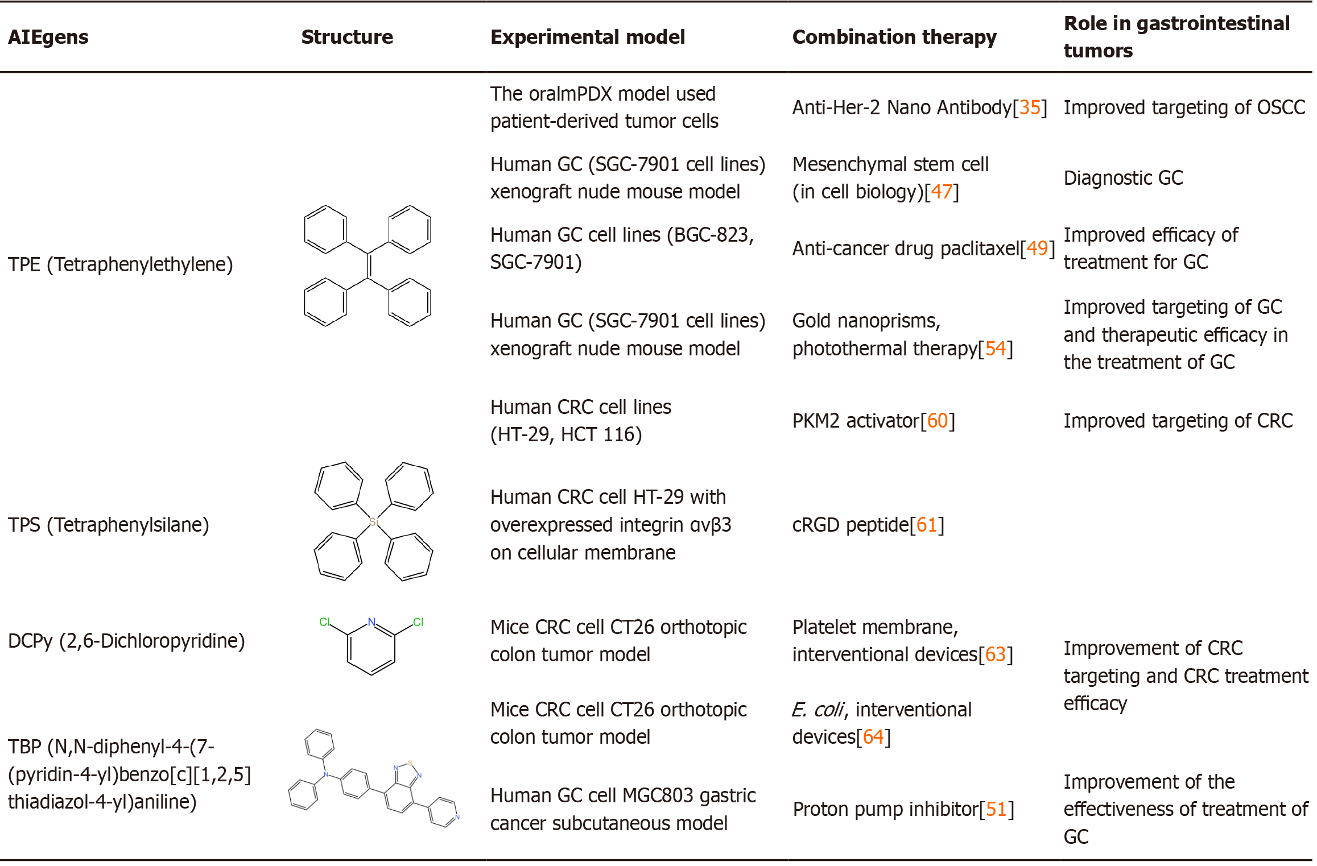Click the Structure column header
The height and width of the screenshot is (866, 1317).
(347, 37)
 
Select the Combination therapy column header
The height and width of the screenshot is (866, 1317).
(894, 37)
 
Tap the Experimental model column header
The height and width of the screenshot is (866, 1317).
(587, 37)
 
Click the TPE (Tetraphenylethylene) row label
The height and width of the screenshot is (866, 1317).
(120, 264)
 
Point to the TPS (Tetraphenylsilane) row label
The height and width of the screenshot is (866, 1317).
(108, 524)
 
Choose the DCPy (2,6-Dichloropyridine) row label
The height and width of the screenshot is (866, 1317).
(126, 641)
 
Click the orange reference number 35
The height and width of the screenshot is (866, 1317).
(1030, 107)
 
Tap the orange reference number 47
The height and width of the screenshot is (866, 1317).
(942, 192)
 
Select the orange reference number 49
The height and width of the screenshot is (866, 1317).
(1037, 248)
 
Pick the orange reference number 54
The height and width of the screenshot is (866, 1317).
(996, 349)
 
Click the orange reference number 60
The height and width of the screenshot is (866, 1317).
(938, 421)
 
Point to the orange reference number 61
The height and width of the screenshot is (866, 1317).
(927, 524)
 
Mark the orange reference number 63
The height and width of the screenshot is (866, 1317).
(996, 654)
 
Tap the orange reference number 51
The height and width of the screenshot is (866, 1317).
(996, 809)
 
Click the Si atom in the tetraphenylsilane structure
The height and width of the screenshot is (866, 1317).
(373, 521)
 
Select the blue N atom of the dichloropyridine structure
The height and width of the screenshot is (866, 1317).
(371, 622)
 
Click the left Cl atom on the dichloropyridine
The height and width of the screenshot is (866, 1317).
(324, 622)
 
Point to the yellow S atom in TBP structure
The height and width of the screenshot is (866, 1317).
(410, 763)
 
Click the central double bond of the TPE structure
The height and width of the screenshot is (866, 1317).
(369, 266)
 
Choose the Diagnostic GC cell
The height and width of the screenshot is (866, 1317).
(1123, 178)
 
